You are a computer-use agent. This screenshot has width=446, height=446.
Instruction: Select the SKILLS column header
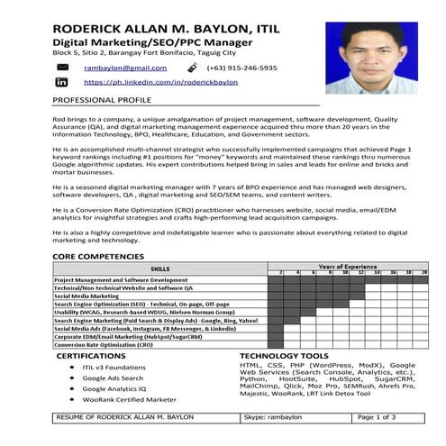click(x=159, y=269)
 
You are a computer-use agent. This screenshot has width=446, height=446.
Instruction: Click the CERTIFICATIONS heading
click(x=92, y=356)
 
